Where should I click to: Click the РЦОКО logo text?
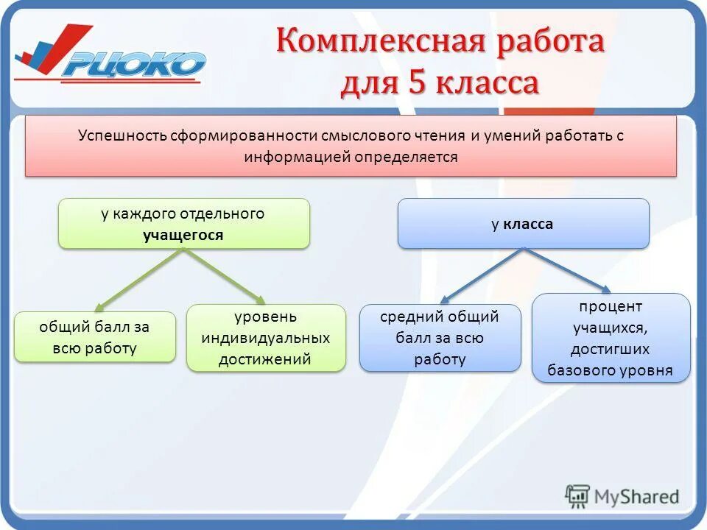pyautogui.click(x=133, y=64)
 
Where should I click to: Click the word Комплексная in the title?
pyautogui.click(x=380, y=41)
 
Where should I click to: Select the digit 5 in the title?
pyautogui.click(x=414, y=82)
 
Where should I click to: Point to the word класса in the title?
pyautogui.click(x=487, y=83)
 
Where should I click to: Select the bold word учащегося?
pyautogui.click(x=183, y=235)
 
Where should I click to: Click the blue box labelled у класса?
pyautogui.click(x=523, y=224)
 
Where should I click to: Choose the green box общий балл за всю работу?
pyautogui.click(x=95, y=337)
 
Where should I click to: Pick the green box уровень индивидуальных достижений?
pyautogui.click(x=266, y=338)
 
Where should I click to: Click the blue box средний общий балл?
pyautogui.click(x=440, y=337)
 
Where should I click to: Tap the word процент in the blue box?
pyautogui.click(x=611, y=306)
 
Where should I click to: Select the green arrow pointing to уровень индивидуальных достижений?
pyautogui.click(x=225, y=277)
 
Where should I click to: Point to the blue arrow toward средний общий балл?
pyautogui.click(x=482, y=276)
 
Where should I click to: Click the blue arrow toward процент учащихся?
pyautogui.click(x=567, y=270)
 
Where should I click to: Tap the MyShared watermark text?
pyautogui.click(x=636, y=497)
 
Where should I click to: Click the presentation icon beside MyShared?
pyautogui.click(x=578, y=496)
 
